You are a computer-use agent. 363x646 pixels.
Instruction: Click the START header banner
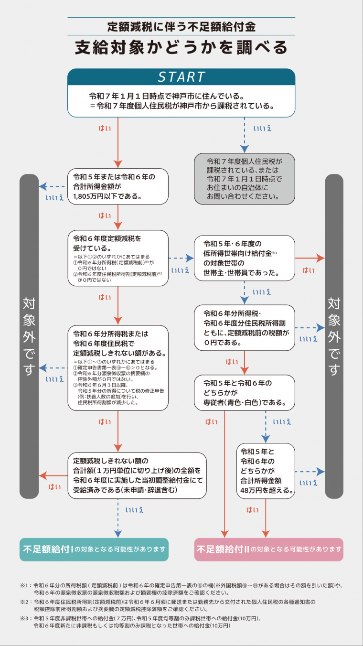coord(181,77)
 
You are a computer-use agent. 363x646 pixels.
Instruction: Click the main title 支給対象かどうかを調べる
coord(181,48)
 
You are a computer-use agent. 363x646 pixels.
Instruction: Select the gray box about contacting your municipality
coord(244,179)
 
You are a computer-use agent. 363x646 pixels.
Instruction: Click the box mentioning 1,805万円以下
coord(117,186)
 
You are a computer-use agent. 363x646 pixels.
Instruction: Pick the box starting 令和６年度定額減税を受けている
coord(117,258)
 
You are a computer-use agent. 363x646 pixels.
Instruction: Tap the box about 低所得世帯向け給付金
coord(244,258)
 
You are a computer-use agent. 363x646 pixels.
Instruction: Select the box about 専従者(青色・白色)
coord(244,393)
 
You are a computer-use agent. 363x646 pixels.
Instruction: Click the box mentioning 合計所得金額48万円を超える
coord(266,471)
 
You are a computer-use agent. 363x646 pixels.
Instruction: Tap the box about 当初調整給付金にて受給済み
coord(137,476)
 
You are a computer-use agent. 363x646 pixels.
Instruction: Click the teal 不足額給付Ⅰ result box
coord(94,549)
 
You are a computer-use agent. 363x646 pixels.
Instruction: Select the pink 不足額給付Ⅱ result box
coord(269,549)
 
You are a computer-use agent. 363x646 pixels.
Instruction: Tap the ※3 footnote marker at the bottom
coord(24,618)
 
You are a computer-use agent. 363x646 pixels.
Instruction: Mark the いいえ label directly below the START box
coord(262,128)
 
